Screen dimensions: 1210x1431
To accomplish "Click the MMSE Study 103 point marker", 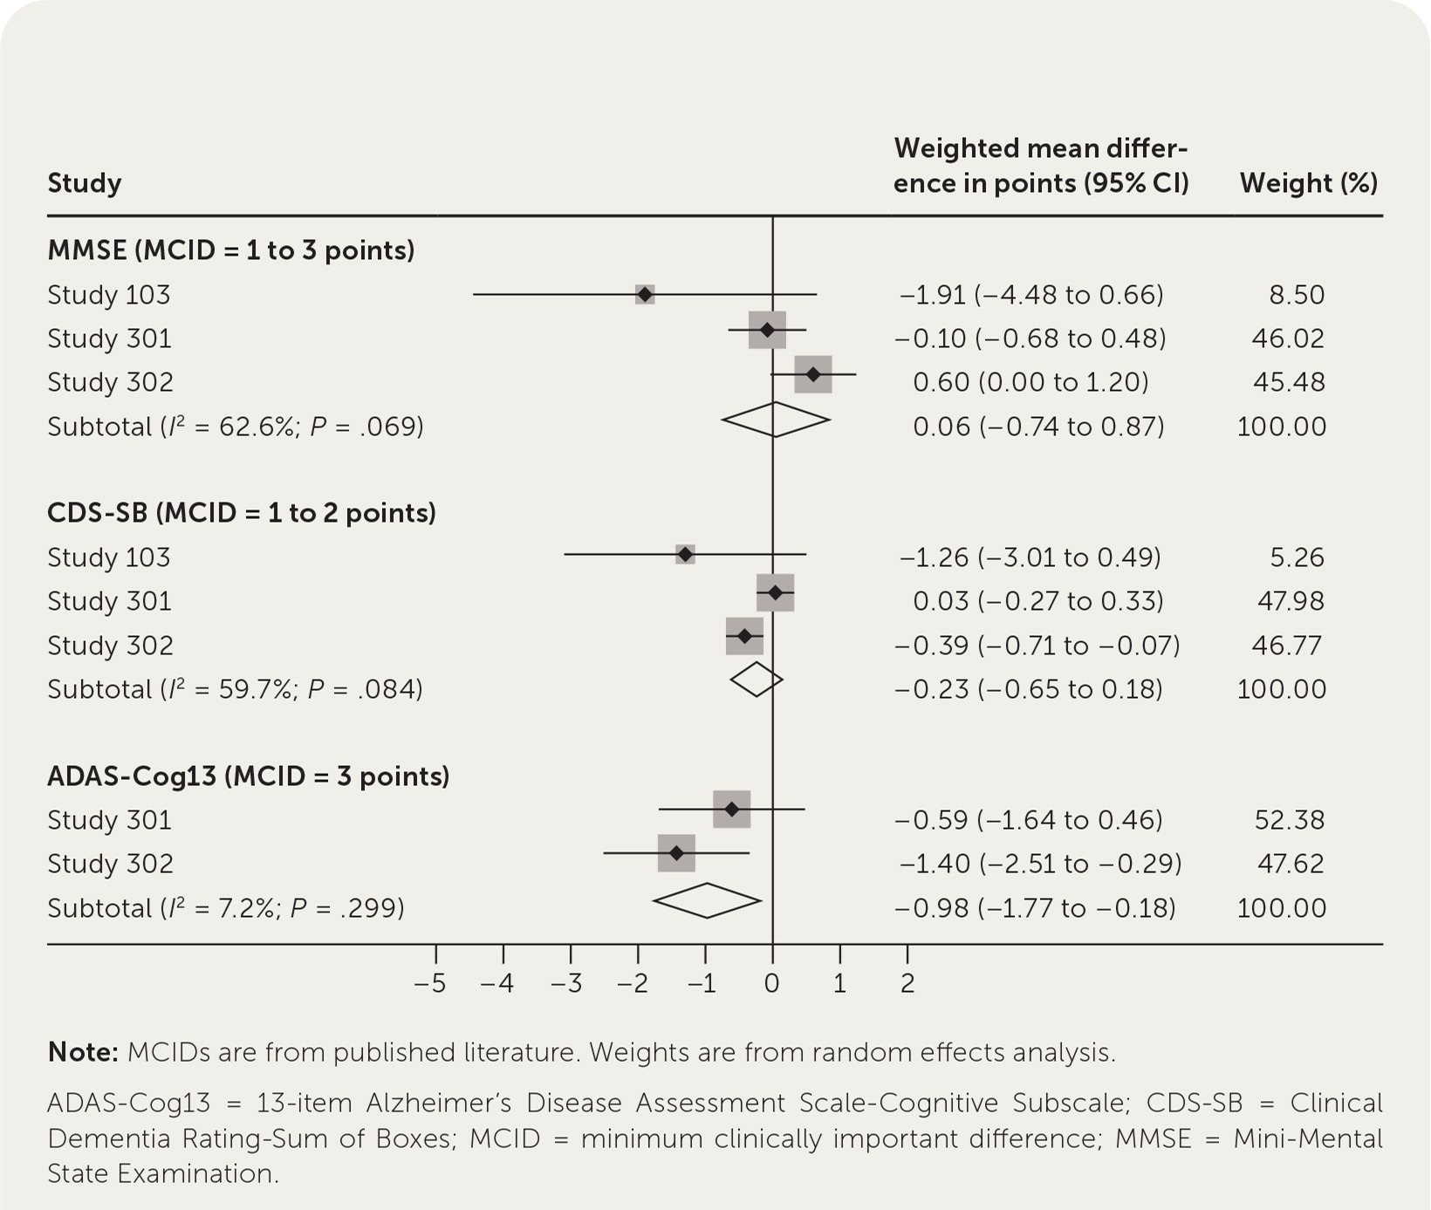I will [645, 295].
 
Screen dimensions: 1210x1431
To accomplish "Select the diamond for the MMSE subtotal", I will [776, 420].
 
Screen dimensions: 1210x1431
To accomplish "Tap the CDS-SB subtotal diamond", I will [757, 680].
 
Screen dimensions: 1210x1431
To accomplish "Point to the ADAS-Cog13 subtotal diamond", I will [707, 900].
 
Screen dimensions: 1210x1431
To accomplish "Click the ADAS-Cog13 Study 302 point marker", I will [676, 853].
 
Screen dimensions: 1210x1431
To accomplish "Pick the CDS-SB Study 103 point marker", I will [685, 554].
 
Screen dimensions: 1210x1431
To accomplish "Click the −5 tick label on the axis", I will [430, 984].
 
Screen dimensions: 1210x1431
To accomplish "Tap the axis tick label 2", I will [907, 984].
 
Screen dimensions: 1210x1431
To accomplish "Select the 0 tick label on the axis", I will [772, 984].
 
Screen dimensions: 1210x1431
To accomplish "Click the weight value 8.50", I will [1297, 295].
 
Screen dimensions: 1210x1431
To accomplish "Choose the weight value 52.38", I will [1289, 820].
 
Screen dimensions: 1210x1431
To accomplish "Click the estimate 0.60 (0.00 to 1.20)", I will [1030, 382].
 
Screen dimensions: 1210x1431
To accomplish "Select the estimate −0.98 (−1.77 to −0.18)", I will [1035, 908].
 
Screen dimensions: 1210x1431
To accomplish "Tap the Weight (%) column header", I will [1308, 183].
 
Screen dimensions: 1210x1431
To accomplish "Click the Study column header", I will [85, 183].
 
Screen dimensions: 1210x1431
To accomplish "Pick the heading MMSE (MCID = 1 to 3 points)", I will [231, 250].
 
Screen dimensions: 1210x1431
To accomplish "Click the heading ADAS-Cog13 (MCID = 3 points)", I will [249, 776].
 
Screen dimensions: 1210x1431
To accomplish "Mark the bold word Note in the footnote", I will [82, 1052].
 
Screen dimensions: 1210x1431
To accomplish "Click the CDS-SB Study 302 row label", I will [110, 646].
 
